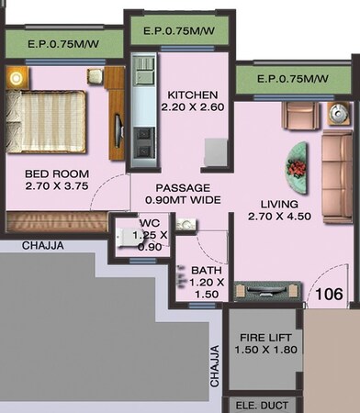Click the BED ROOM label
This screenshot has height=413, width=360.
pyautogui.click(x=50, y=171)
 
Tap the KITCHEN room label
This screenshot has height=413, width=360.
pyautogui.click(x=192, y=95)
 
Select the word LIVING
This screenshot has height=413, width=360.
pyautogui.click(x=272, y=203)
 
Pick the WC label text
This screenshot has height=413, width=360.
pyautogui.click(x=150, y=223)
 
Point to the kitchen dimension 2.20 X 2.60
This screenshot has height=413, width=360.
pyautogui.click(x=192, y=107)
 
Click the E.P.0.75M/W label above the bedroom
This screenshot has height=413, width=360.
pyautogui.click(x=62, y=43)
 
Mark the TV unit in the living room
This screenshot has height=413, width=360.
pyautogui.click(x=267, y=294)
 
